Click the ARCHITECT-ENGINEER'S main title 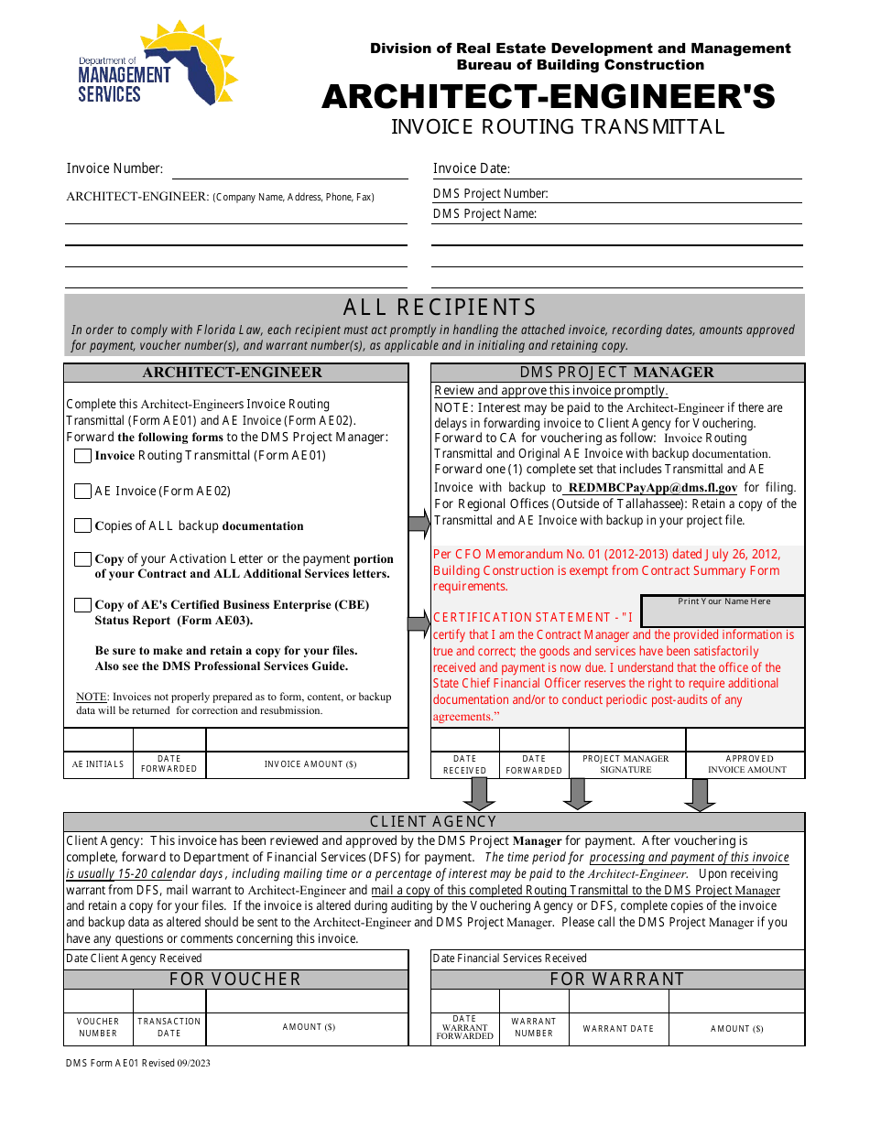point(548,97)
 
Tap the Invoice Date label point(471,168)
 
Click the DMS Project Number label point(490,194)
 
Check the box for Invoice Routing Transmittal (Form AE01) point(83,456)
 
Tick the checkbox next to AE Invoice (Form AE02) point(83,492)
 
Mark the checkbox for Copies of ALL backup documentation point(83,526)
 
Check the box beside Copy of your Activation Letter point(83,559)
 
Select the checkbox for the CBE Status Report point(83,605)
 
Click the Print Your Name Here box point(723,612)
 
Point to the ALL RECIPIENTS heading point(440,308)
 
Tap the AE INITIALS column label point(98,764)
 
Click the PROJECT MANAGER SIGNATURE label point(626,764)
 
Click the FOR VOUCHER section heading point(235,980)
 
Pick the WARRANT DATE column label point(618,1029)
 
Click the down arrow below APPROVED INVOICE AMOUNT point(700,795)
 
